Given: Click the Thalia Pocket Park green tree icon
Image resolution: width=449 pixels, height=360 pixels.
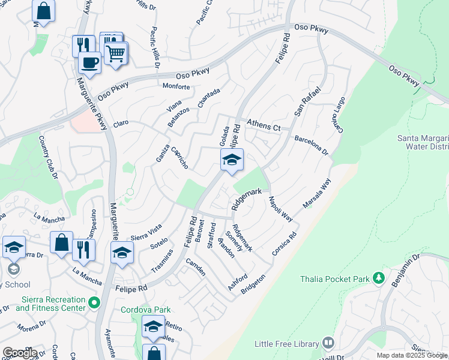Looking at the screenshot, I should tap(378, 278).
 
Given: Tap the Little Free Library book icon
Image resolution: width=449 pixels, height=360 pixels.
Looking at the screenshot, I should tap(328, 343).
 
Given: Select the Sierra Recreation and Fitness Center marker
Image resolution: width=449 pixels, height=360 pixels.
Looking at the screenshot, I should tap(94, 304).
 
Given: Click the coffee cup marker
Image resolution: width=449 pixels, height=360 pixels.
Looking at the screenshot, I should tap(90, 62).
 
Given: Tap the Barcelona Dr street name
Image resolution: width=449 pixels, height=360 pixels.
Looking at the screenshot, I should tap(311, 145).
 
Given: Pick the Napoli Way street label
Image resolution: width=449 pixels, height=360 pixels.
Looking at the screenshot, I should tap(280, 209).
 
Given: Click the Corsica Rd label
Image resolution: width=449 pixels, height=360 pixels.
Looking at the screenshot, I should tap(285, 245).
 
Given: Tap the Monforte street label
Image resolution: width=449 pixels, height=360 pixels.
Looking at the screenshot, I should tap(176, 86).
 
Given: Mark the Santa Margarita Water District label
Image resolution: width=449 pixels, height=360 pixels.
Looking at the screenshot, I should tap(423, 142).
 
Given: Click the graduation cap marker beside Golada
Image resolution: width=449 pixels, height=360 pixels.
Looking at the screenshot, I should tap(232, 160).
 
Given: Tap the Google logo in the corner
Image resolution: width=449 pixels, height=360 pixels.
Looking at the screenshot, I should tap(19, 353).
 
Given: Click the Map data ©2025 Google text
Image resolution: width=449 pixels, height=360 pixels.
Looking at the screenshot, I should tap(411, 355).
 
